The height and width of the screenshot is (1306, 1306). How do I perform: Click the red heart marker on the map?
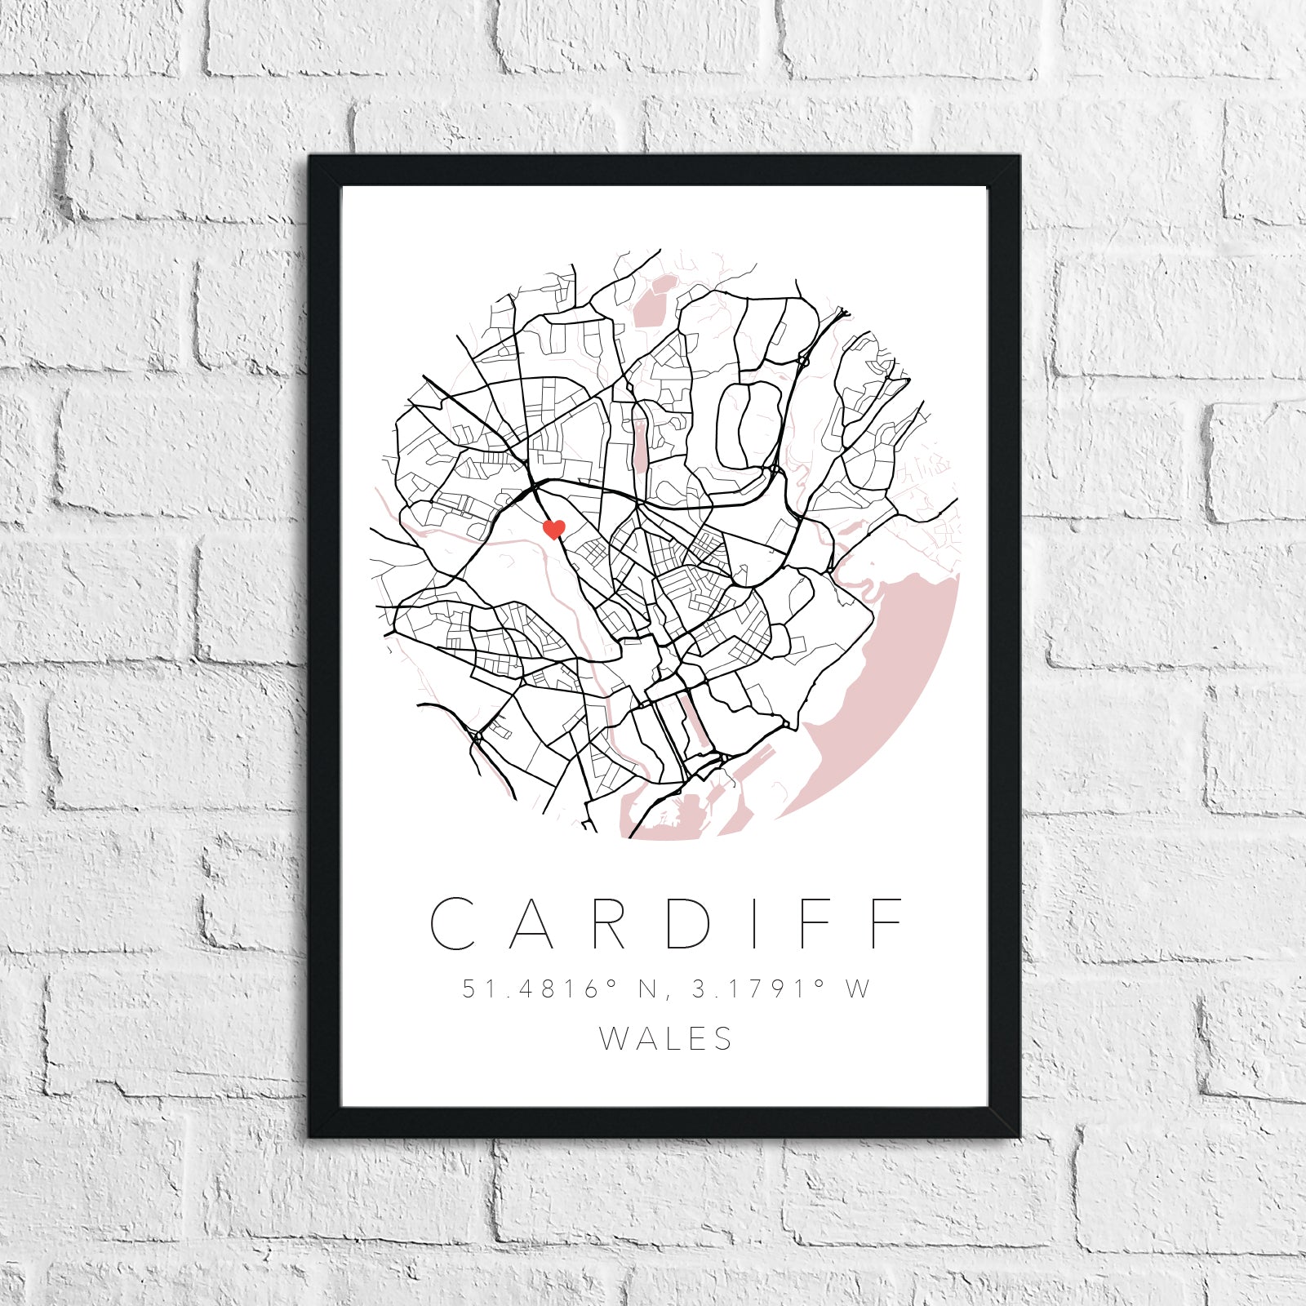click(x=554, y=529)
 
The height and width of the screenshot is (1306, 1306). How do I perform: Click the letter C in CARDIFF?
click(x=453, y=923)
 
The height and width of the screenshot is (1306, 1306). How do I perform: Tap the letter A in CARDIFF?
click(x=532, y=923)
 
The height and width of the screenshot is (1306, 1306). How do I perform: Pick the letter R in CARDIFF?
click(x=609, y=923)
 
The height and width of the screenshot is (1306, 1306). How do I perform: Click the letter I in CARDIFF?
click(x=753, y=923)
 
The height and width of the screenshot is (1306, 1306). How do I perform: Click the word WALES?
click(x=666, y=1039)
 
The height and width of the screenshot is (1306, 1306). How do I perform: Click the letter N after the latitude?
click(x=648, y=988)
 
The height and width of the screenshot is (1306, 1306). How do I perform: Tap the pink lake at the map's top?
click(x=653, y=302)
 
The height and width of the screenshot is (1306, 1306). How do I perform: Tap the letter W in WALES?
click(x=612, y=1039)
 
